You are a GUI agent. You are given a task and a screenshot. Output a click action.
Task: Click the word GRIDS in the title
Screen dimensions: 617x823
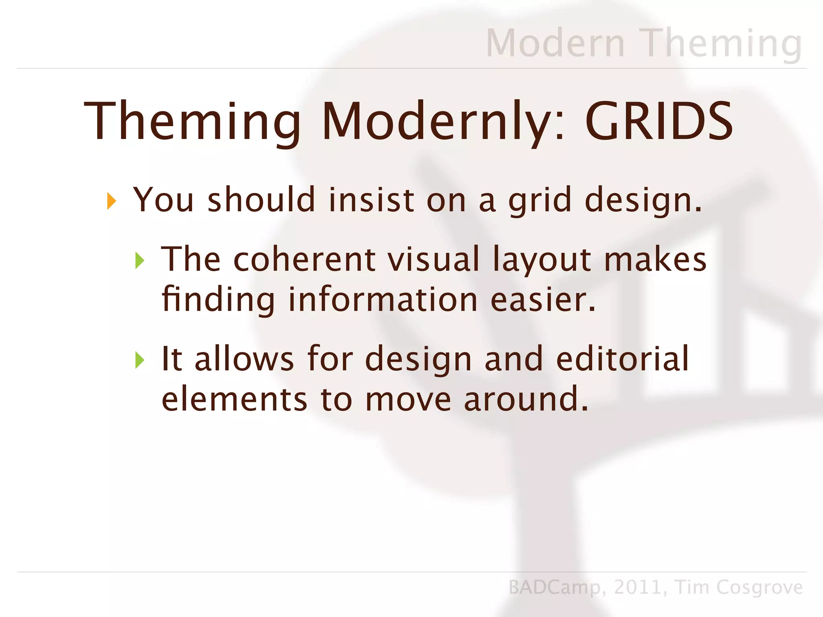[659, 121]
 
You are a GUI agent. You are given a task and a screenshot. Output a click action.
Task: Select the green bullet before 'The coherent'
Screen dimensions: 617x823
[139, 261]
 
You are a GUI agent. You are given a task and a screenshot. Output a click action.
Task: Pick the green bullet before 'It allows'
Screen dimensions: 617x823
[139, 360]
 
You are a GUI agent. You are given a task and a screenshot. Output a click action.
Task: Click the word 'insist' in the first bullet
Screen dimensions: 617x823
[371, 200]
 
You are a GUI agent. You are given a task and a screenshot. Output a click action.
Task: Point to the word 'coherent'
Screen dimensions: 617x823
[304, 259]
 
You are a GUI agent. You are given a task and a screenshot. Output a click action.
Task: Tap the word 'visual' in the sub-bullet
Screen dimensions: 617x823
[433, 259]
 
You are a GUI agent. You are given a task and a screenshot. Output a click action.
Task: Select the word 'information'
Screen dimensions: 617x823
[383, 300]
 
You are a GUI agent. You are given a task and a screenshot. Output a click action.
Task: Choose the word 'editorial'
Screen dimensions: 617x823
[622, 359]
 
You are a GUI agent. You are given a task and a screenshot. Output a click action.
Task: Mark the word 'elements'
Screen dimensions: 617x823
[234, 399]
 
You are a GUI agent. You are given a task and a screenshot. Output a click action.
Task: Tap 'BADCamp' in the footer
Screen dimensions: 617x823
[555, 587]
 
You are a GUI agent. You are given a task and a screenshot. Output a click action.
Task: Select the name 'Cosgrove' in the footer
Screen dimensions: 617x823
[759, 587]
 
